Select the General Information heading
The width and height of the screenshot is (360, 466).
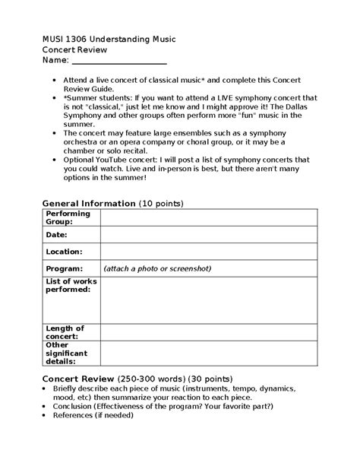[x=88, y=204]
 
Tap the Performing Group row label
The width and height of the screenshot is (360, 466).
[x=68, y=217]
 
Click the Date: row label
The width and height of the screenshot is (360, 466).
[x=57, y=236]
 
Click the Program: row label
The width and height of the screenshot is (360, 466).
[x=64, y=268]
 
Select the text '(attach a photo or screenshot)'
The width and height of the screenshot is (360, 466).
[x=157, y=268]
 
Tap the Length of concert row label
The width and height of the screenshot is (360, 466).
[x=62, y=331]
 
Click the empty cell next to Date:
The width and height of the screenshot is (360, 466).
[x=208, y=236]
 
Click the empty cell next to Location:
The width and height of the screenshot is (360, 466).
[x=208, y=252]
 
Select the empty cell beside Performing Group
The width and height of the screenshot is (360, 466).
[x=208, y=217]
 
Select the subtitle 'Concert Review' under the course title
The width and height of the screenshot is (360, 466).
[x=74, y=49]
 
